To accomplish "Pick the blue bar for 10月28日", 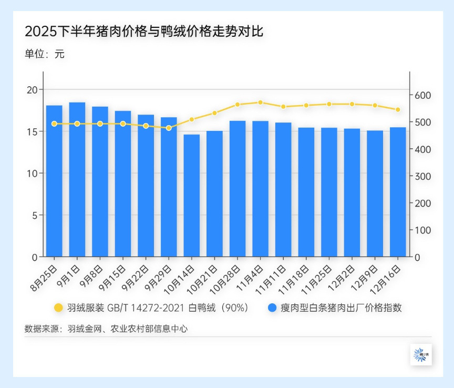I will click(x=238, y=189).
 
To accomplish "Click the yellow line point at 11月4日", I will click(x=260, y=103).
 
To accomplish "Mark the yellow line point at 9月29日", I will click(x=169, y=128).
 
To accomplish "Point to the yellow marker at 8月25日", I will click(x=54, y=124).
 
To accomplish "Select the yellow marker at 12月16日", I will click(x=398, y=110).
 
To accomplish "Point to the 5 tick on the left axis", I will click(x=35, y=215).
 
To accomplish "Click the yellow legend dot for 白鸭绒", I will click(x=58, y=308).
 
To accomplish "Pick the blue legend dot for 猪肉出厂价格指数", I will click(x=272, y=308).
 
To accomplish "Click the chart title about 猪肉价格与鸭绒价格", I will click(x=143, y=32).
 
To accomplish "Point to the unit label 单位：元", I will click(x=44, y=54).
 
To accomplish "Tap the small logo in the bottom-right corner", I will click(x=421, y=354).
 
